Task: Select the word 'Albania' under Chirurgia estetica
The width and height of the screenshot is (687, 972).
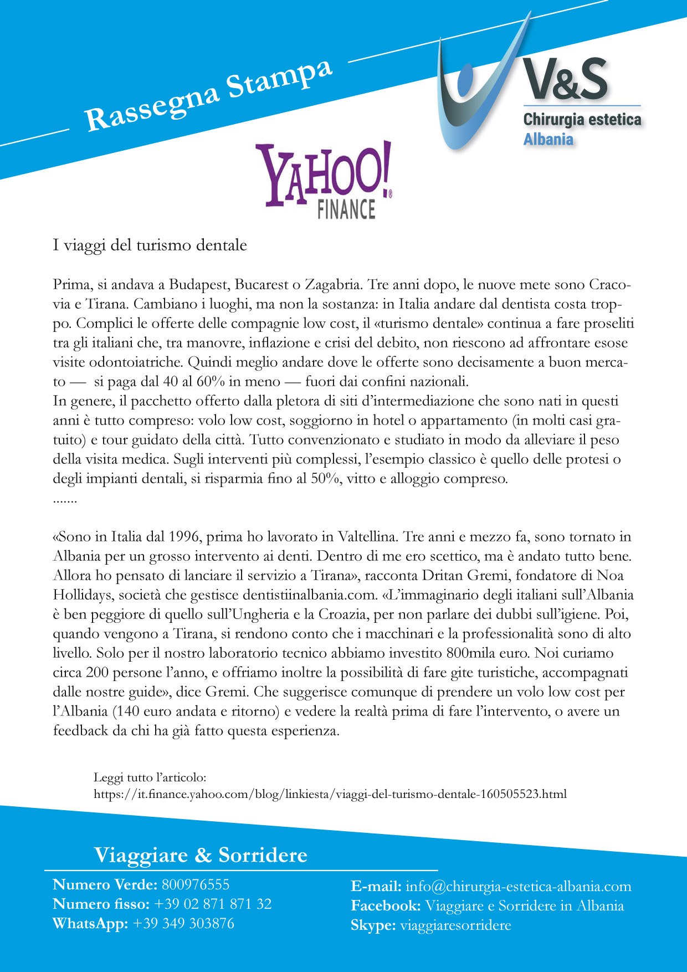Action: (548, 139)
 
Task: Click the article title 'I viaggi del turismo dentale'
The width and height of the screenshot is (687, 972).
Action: (150, 245)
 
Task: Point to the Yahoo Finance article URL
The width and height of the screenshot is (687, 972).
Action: (330, 794)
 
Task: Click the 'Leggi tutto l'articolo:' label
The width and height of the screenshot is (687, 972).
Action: (150, 778)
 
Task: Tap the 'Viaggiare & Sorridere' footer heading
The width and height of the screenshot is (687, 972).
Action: (201, 855)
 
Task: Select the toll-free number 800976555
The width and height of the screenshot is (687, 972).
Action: (195, 884)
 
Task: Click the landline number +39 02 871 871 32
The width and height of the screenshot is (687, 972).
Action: (213, 904)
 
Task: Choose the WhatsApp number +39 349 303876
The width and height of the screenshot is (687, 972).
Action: (183, 923)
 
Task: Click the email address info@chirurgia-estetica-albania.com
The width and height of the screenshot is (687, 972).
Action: (518, 886)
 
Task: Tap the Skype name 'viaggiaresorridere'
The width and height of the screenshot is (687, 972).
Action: (455, 925)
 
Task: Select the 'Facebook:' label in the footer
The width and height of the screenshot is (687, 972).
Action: (386, 906)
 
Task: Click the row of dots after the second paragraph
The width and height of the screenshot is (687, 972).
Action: (65, 500)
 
